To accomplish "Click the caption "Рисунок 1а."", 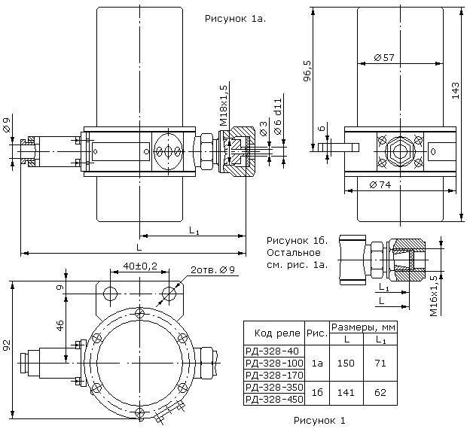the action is pos(235,19).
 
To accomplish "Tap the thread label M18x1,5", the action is pos(223,105).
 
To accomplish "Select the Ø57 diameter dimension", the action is pos(384,57).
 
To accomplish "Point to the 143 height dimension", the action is pos(456,90).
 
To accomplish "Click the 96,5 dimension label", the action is pos(307,71).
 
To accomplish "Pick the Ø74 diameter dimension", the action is pos(380,184).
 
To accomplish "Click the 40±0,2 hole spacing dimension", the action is pos(140,266).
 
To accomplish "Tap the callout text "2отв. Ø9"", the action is pos(212,270).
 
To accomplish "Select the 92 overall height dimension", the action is pos(7,345).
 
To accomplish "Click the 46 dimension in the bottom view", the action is pos(60,326).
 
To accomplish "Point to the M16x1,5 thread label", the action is pos(434,296).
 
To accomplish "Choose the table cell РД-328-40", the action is pos(272,351).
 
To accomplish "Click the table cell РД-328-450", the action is pos(274,399).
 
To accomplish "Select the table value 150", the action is pos(346,363).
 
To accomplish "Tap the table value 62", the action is pos(380,392).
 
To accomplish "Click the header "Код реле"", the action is pos(277,333).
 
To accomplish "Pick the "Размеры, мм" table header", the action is pos(363,327).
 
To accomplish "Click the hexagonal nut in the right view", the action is pos(400,151).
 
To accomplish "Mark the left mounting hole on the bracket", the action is pos(110,294).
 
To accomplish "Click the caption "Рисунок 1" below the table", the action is pos(319,421).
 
